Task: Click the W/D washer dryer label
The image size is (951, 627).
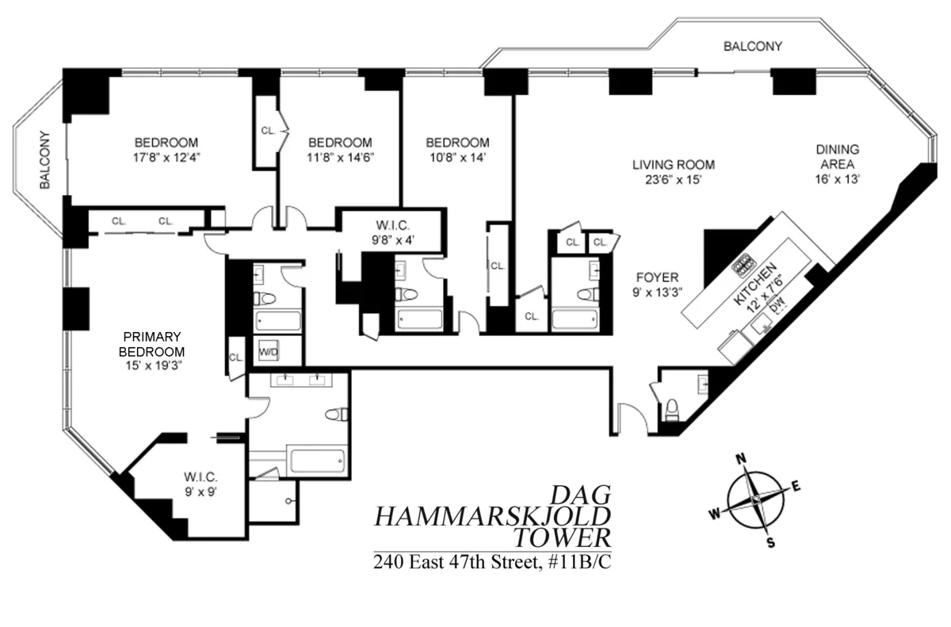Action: click(x=266, y=350)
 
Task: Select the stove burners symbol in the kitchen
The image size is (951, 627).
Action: click(x=744, y=264)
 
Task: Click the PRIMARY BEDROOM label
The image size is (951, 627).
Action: click(x=151, y=343)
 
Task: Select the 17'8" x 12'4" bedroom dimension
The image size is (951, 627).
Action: click(x=166, y=157)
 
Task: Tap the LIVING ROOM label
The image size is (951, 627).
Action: click(x=673, y=165)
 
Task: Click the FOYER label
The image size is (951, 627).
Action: click(x=657, y=277)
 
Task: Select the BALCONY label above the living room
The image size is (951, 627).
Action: click(x=752, y=47)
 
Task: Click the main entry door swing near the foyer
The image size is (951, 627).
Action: click(x=632, y=418)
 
